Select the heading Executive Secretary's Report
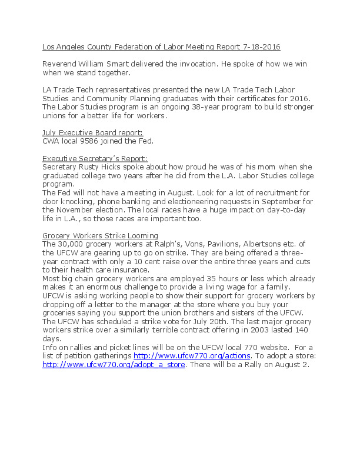point(95,158)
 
